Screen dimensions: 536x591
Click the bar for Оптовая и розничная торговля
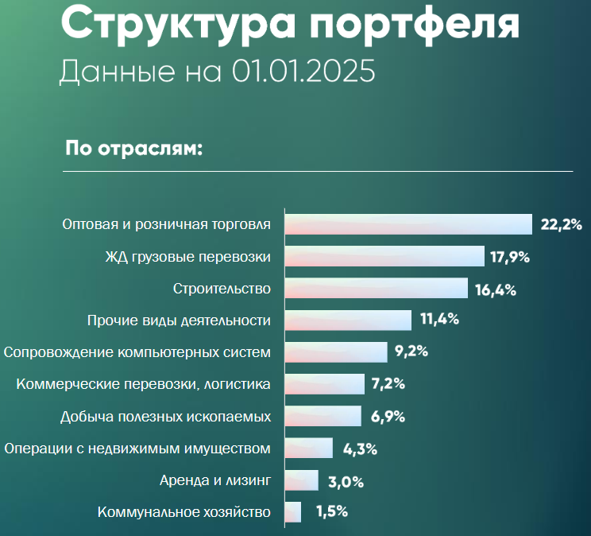click(408, 224)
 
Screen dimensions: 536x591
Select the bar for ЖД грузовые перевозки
click(384, 256)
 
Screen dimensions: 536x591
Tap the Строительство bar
click(376, 288)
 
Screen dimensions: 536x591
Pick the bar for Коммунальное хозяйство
click(292, 511)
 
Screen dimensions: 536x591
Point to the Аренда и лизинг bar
click(301, 480)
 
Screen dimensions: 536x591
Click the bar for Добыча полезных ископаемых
click(323, 416)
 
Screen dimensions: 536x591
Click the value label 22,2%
click(562, 225)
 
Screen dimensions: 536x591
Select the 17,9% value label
click(510, 257)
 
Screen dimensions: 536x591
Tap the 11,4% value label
click(440, 320)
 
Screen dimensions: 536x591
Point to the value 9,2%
click(411, 352)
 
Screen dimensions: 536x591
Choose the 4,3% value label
click(359, 449)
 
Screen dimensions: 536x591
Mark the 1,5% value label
click(331, 512)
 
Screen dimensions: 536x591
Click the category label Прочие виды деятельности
click(178, 320)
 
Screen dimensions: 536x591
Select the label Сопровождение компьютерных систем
click(137, 352)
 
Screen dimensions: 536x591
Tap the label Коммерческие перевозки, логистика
click(144, 384)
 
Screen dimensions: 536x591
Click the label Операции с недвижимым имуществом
click(137, 449)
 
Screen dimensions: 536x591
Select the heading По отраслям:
click(134, 150)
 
